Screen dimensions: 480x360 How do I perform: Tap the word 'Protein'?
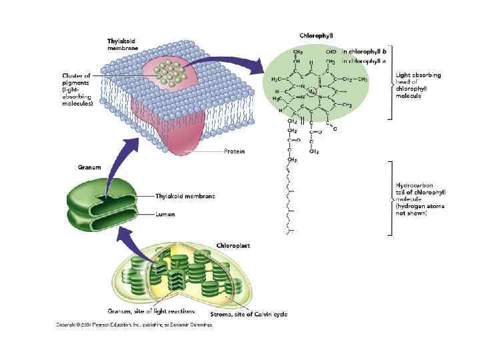coord(233,151)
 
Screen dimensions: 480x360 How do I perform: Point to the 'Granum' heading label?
coord(89,167)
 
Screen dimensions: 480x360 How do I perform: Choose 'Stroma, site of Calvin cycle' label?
coord(249,313)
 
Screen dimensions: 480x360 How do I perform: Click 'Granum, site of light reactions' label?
coord(151,311)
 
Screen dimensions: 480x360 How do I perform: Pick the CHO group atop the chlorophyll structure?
coord(330,50)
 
